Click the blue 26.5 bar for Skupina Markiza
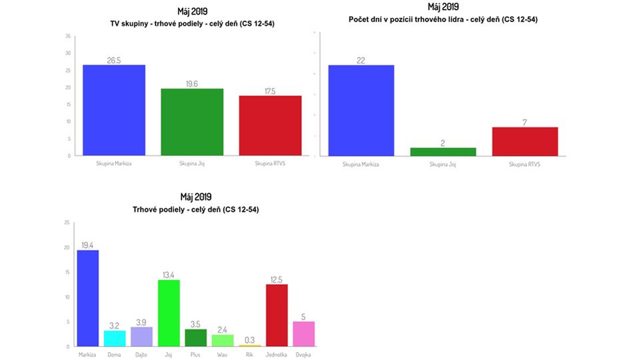[x=114, y=110]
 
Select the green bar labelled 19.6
[x=192, y=122]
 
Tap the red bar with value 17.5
[x=270, y=125]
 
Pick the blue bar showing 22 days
[x=360, y=111]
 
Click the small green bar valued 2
[x=443, y=152]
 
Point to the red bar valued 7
[x=524, y=141]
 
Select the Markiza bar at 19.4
[x=88, y=298]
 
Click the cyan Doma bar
[x=115, y=338]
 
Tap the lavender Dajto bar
[x=142, y=337]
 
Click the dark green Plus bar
[x=196, y=337]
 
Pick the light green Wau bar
[x=223, y=340]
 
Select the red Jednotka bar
[x=277, y=315]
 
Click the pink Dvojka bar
[x=304, y=334]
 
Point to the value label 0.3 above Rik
[x=250, y=339]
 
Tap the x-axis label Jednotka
[x=277, y=354]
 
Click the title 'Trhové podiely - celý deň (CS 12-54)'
[x=195, y=209]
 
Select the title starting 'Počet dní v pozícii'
[x=443, y=19]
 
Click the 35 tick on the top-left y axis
[x=68, y=36]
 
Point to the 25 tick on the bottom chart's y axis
[x=67, y=223]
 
